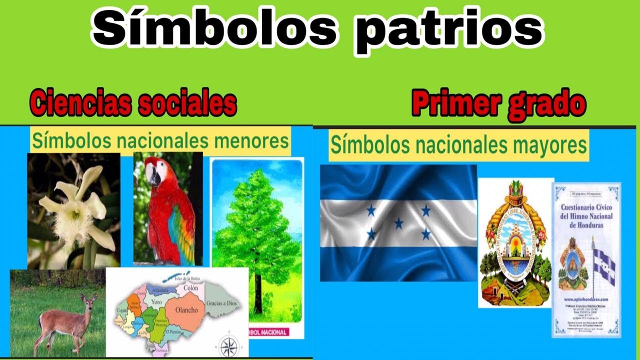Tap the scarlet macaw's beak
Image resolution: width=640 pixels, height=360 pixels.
(x=154, y=176)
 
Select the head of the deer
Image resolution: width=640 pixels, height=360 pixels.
(x=89, y=301)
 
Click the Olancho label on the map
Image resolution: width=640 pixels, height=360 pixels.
(x=186, y=310)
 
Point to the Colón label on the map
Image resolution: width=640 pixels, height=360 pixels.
(x=190, y=288)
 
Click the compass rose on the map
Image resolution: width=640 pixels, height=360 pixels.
(x=227, y=346)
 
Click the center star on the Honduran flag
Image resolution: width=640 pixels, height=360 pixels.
(x=398, y=223)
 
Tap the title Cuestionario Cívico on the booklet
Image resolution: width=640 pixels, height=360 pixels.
(x=586, y=207)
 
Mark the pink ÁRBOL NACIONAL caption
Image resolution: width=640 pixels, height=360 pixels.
(x=270, y=332)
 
